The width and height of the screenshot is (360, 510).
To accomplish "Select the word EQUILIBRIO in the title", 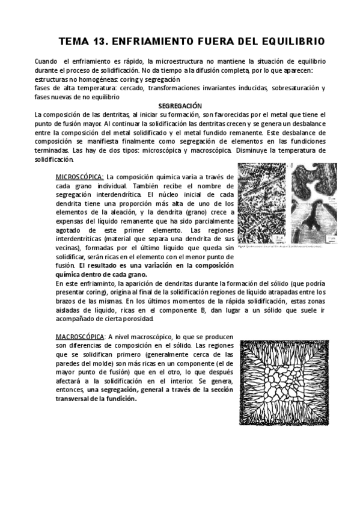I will click(288, 41).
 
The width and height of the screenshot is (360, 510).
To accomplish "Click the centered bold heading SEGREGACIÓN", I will click(180, 105).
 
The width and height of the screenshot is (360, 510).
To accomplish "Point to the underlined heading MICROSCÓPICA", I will click(79, 177).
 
